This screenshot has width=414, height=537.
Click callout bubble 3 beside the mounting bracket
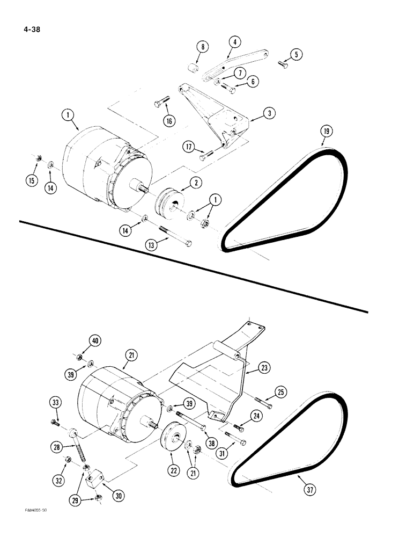point(270,113)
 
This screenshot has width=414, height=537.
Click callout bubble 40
point(95,341)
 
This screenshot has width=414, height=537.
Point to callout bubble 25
point(281,392)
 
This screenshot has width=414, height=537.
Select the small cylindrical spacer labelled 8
point(192,70)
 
